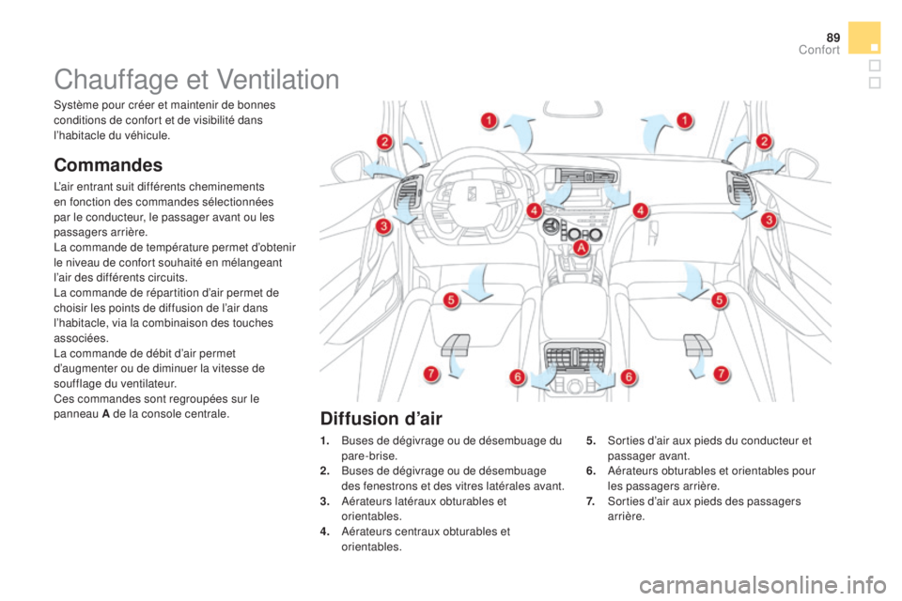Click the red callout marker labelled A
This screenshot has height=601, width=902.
[x=582, y=248]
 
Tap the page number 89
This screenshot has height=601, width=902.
[x=833, y=38]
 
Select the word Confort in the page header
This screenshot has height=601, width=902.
[x=819, y=50]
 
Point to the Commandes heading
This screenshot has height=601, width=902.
[x=108, y=165]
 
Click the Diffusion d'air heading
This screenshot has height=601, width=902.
[x=381, y=418]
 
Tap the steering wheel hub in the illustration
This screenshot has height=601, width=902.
[x=471, y=194]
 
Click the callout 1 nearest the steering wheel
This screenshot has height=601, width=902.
[x=489, y=121]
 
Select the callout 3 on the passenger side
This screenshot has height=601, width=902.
[x=769, y=220]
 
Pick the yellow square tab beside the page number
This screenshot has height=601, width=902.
[x=864, y=38]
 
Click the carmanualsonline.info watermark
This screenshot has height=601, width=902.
[x=763, y=585]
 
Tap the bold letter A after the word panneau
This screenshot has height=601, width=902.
[x=106, y=414]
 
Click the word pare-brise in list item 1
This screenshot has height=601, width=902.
[x=368, y=456]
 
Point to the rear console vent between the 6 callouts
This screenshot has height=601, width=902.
[x=574, y=358]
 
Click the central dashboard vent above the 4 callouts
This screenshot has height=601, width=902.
[x=584, y=176]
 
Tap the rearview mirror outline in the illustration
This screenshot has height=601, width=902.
[x=573, y=109]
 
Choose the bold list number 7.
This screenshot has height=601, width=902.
[x=590, y=501]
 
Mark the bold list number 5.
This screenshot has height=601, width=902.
[x=591, y=440]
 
